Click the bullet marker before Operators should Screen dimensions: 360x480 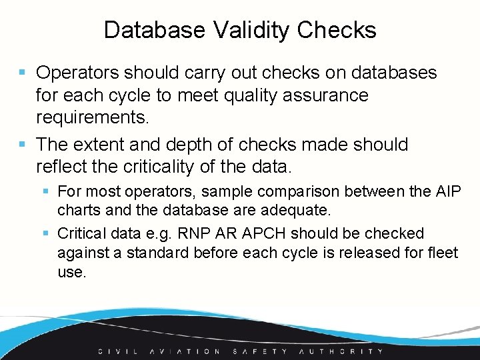point(23,72)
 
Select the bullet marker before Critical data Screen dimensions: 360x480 point(45,233)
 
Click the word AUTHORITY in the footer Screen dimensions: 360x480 point(341,351)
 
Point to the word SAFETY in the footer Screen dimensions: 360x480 point(260,351)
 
